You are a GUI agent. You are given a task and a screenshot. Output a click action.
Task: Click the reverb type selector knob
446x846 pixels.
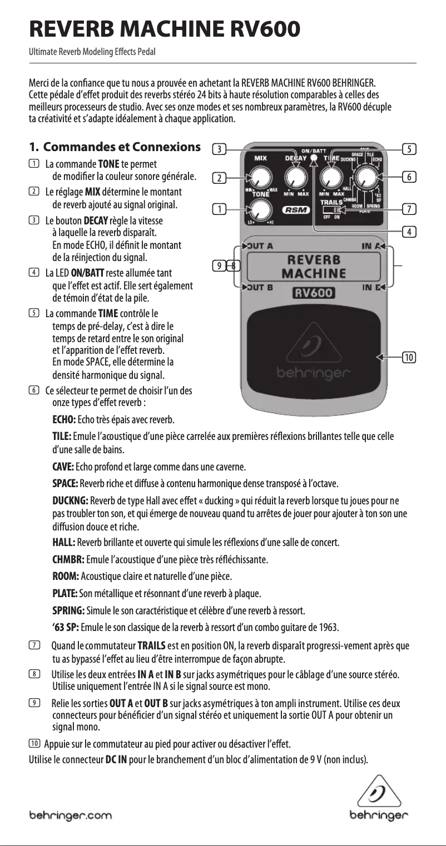coord(367,177)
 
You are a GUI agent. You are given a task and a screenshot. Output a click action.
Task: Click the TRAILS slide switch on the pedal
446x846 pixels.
coord(333,211)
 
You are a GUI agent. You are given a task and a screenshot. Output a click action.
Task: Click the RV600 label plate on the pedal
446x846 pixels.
coord(313,293)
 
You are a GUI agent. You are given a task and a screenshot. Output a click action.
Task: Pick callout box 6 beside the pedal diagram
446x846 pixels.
coord(409,177)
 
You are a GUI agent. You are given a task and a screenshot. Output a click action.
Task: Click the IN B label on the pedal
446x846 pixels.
coord(370,287)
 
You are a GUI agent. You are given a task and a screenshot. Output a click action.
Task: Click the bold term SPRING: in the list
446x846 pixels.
coord(68,612)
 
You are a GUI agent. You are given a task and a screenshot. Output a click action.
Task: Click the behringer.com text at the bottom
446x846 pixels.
coord(70,815)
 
